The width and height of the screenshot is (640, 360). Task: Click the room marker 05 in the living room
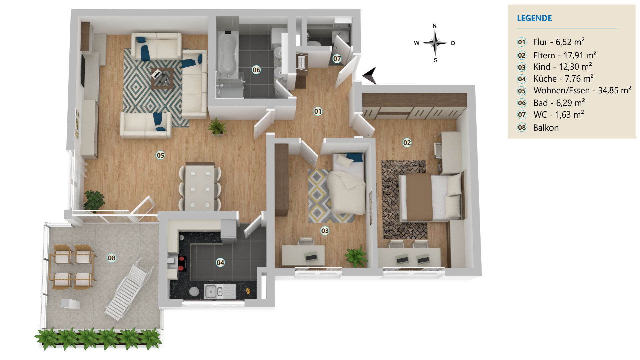[160, 155]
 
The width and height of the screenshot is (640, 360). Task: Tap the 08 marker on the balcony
[112, 258]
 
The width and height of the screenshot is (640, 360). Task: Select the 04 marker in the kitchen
[220, 263]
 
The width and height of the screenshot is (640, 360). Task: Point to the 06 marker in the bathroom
[256, 70]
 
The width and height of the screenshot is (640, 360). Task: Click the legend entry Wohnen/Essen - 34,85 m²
[582, 90]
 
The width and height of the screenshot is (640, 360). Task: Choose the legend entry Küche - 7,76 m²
[563, 79]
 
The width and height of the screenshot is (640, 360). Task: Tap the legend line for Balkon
[546, 128]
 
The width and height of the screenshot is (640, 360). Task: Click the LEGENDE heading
[534, 18]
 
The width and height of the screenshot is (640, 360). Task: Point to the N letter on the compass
[435, 26]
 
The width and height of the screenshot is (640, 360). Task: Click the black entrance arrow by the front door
[371, 75]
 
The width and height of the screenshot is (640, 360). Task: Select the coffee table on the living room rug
[162, 79]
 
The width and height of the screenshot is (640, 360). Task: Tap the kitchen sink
[214, 291]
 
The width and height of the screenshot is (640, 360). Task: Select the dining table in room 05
[200, 187]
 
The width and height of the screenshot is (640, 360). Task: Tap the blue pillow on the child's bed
[354, 157]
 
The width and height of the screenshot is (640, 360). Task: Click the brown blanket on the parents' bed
[419, 197]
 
